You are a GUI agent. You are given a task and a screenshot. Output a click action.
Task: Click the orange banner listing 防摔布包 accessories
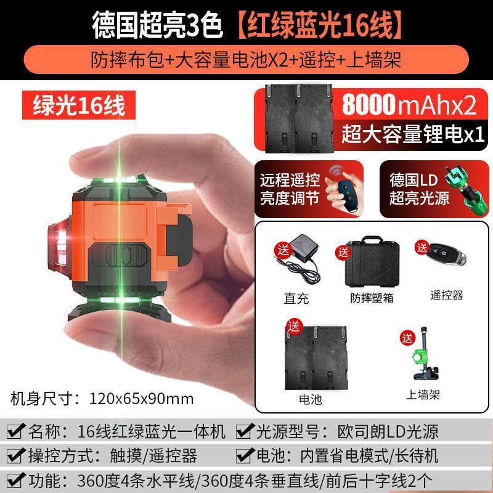pyautogui.click(x=246, y=60)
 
